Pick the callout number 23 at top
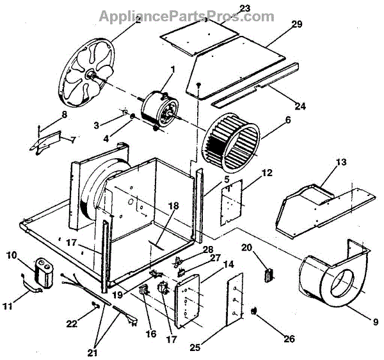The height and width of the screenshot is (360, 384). (x=209, y=8)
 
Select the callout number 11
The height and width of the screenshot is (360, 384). (x=8, y=307)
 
